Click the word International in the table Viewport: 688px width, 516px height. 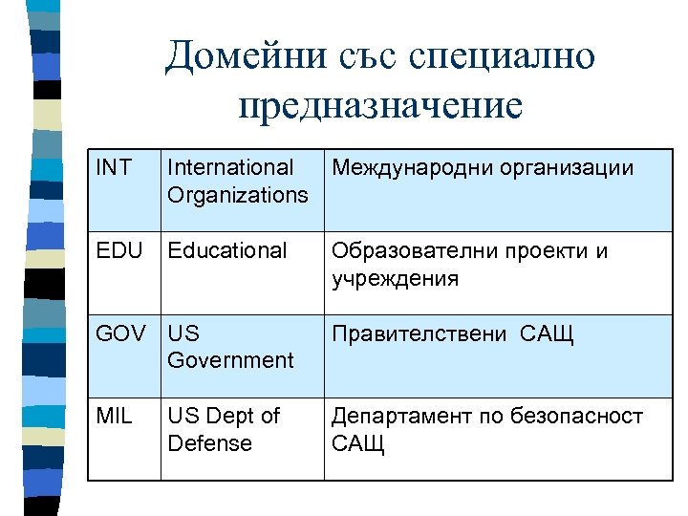click(230, 168)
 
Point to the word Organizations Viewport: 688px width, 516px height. click(238, 195)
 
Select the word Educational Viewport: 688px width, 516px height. click(227, 251)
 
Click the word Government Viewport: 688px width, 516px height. click(230, 360)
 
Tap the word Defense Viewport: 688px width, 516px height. click(209, 443)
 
